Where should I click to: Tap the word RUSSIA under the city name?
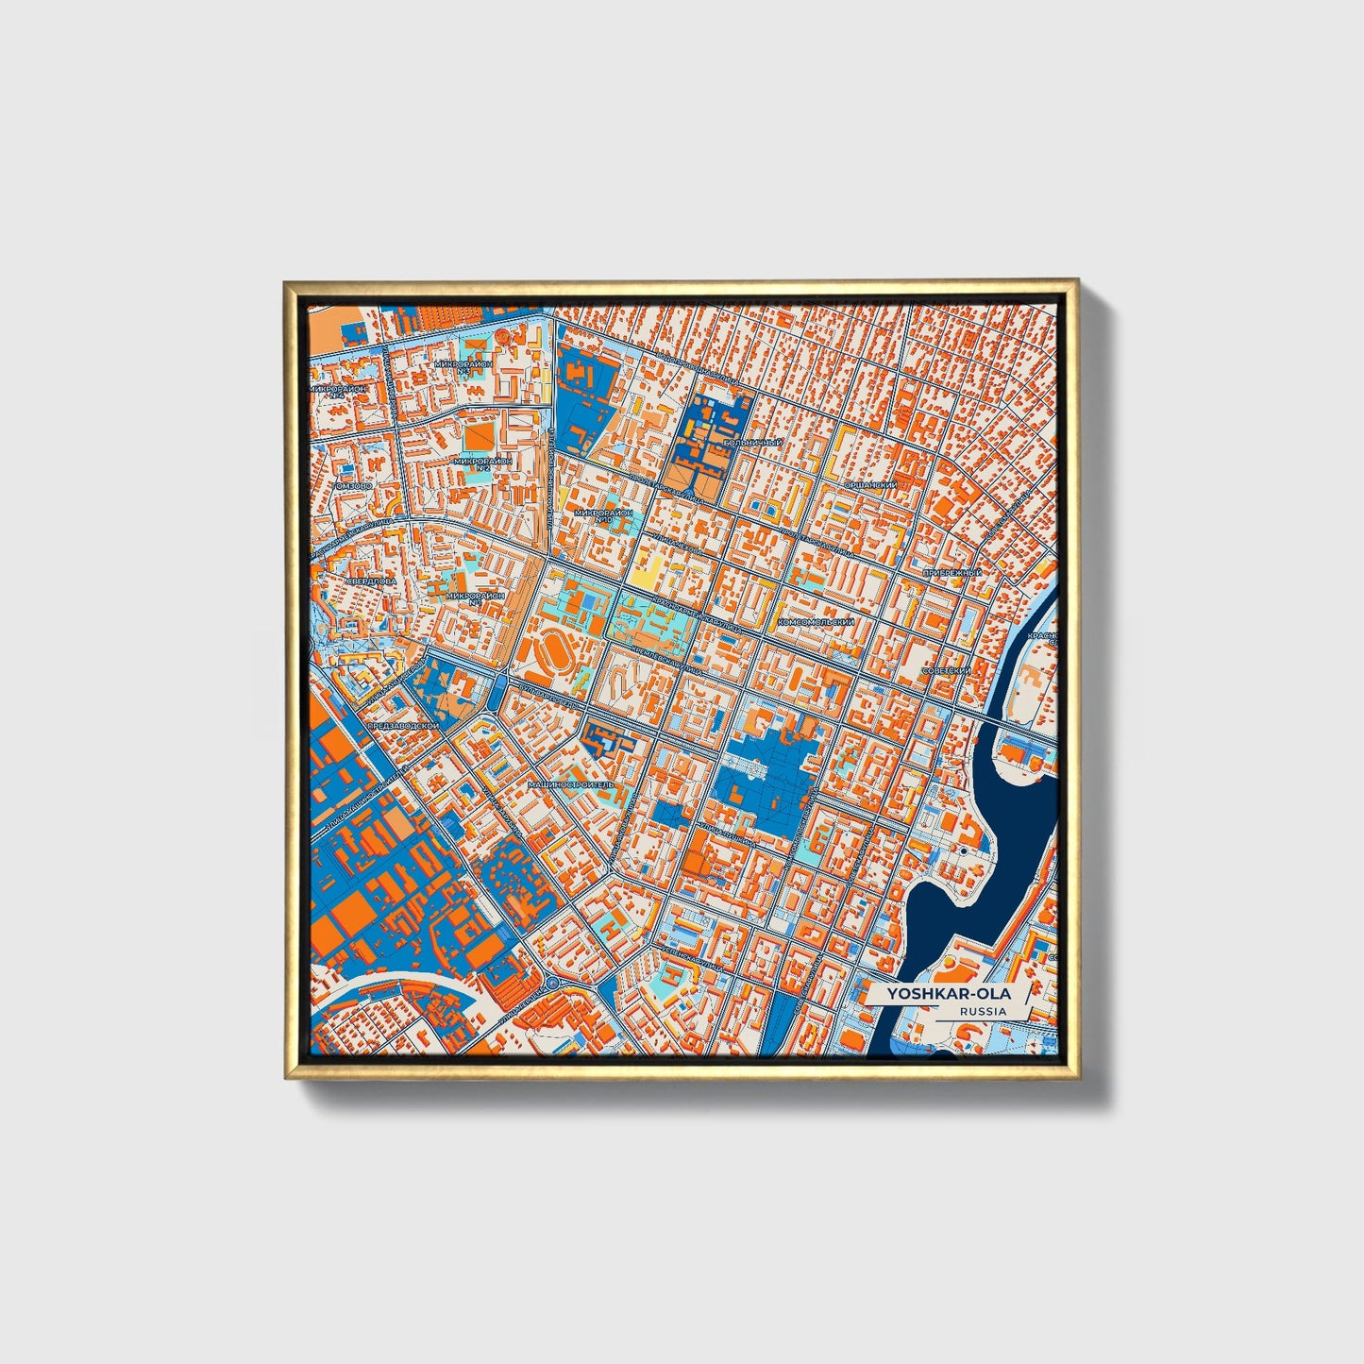[x=982, y=1011]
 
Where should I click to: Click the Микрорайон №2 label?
[x=483, y=463]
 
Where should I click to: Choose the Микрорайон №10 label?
[x=605, y=515]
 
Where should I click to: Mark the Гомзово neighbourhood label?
[x=351, y=485]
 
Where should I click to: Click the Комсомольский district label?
[x=816, y=623]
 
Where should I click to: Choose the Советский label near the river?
[x=947, y=670]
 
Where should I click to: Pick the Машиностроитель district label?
[x=570, y=784]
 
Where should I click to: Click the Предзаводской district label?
[x=404, y=725]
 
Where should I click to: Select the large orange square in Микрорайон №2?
[x=477, y=434]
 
